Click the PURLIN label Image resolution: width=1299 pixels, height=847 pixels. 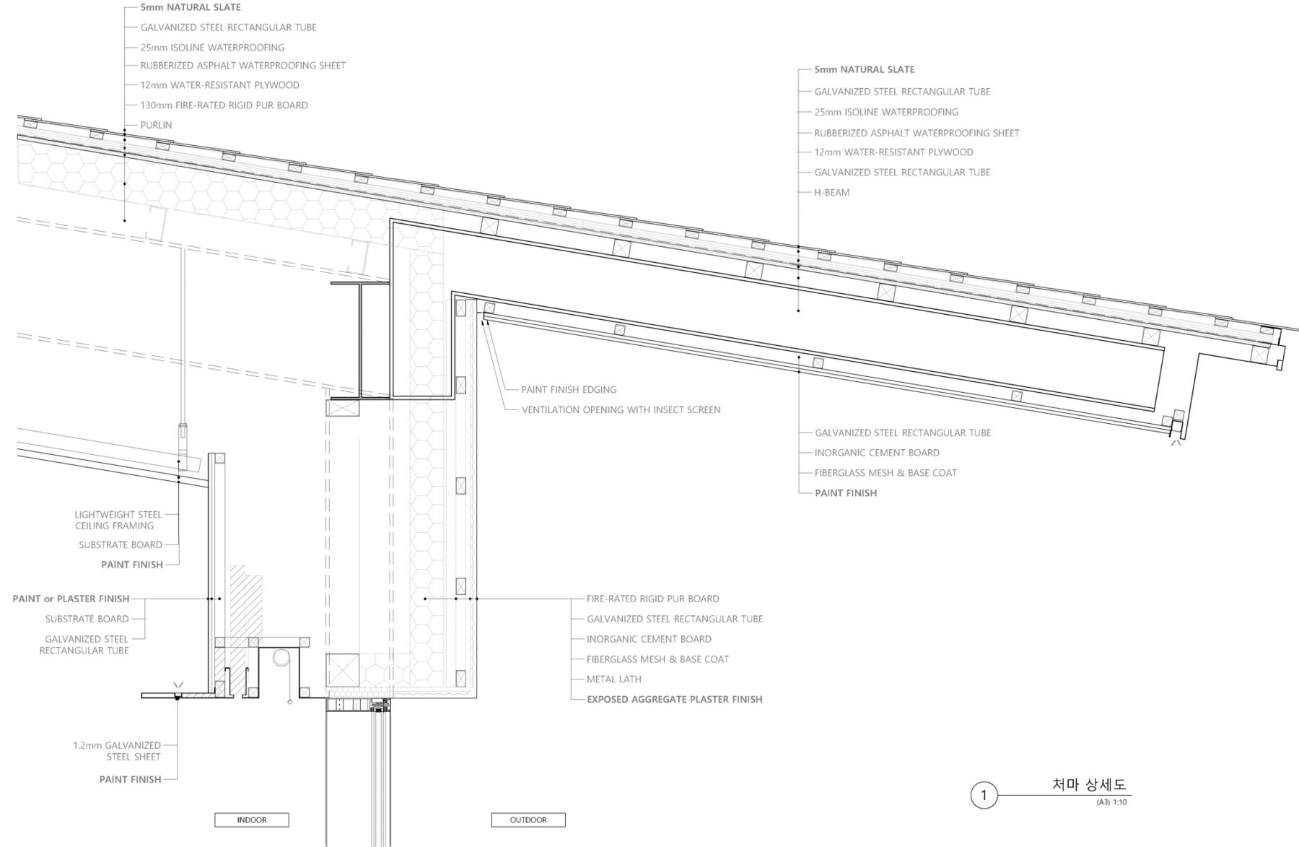156,125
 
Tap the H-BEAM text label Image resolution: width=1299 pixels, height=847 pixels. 831,192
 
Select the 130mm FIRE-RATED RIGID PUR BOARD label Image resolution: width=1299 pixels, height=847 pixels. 224,105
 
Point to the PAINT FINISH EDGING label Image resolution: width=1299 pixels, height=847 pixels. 569,389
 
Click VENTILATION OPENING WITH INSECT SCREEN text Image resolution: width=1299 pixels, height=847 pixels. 621,409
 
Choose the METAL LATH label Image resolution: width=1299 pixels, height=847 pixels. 613,679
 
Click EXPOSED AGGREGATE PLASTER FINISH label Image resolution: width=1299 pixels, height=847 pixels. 674,699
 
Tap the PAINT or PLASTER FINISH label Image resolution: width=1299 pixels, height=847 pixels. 71,599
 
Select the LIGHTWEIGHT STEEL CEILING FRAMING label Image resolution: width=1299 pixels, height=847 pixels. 118,520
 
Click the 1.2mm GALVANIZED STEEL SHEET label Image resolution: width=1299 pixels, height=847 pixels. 117,751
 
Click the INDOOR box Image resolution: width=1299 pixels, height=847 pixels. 252,820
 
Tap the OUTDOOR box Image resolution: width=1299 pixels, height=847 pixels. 528,820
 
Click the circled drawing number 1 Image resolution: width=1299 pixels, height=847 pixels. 984,796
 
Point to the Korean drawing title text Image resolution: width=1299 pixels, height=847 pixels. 1089,785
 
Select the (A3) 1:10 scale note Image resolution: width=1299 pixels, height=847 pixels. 1111,802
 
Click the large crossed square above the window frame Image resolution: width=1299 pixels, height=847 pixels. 343,670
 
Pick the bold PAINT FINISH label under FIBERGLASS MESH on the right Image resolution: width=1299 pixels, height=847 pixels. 846,493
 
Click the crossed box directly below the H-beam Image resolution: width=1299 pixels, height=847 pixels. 343,408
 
